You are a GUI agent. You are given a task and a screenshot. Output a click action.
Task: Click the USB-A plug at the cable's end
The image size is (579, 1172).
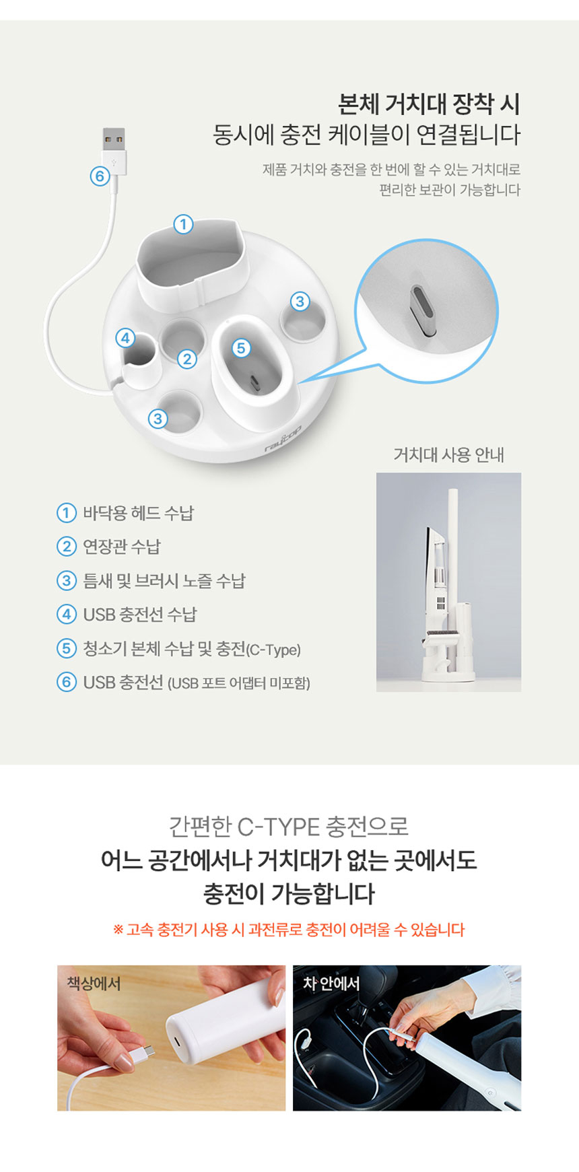(x=114, y=150)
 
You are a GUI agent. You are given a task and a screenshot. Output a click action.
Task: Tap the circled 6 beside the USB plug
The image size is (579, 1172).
(x=100, y=176)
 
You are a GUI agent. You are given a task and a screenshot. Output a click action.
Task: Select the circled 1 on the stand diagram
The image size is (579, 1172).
(x=183, y=224)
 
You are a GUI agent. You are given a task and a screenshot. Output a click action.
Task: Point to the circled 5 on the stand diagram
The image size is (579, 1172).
(x=241, y=347)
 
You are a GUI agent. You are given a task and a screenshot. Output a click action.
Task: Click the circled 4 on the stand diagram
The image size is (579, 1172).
(x=125, y=337)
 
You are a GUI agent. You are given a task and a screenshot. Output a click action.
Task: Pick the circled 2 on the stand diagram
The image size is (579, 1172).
(x=187, y=359)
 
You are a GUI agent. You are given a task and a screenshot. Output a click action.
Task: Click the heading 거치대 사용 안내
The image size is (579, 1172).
(x=448, y=455)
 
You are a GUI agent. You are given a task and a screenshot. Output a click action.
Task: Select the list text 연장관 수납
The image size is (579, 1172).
(x=122, y=546)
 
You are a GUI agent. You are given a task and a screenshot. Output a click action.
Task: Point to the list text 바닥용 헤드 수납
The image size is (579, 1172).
(x=138, y=512)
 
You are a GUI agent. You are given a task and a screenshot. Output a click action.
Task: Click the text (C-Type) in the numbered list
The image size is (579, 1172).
(x=273, y=650)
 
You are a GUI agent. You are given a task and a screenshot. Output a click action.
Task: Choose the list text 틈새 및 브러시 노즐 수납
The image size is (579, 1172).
(x=164, y=580)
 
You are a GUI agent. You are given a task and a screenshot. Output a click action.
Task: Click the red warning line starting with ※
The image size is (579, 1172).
(x=289, y=930)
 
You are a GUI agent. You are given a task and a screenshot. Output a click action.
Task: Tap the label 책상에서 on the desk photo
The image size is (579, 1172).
(x=94, y=984)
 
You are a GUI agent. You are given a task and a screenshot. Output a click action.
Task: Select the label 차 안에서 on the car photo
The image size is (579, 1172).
(x=331, y=984)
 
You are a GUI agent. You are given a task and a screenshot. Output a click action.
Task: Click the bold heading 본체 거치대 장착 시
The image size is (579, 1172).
(x=429, y=104)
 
